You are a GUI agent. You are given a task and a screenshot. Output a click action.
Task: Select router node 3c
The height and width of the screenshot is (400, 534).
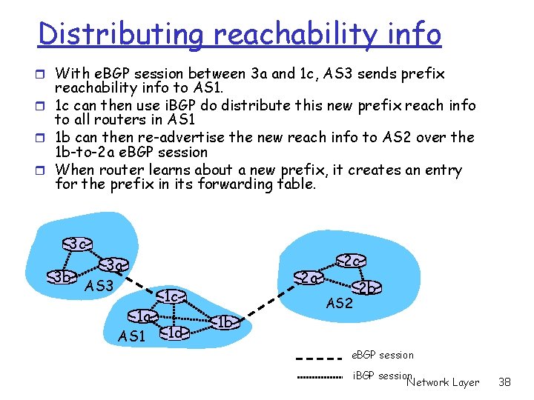pyautogui.click(x=77, y=244)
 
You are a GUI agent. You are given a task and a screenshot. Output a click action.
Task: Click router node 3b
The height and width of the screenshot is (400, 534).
pyautogui.click(x=62, y=278)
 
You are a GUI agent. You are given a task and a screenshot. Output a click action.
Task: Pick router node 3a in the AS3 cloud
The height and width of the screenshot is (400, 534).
pyautogui.click(x=113, y=265)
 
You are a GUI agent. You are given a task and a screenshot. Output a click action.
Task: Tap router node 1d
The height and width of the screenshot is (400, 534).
pyautogui.click(x=174, y=333)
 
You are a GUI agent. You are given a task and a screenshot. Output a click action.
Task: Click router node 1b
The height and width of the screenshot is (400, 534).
pyautogui.click(x=226, y=322)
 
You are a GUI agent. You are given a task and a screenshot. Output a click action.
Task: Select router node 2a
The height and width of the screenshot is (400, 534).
pyautogui.click(x=308, y=278)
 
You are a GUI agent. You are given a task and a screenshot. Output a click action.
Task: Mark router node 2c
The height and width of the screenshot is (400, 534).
pyautogui.click(x=351, y=261)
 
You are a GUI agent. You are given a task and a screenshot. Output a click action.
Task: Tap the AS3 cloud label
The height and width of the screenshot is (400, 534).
pyautogui.click(x=99, y=286)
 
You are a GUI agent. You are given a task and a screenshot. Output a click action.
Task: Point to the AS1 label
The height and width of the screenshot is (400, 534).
pyautogui.click(x=132, y=337)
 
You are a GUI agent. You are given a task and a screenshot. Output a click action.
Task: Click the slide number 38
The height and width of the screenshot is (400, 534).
pyautogui.click(x=505, y=382)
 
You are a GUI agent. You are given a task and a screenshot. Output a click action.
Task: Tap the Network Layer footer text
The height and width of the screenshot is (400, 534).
pyautogui.click(x=443, y=382)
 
